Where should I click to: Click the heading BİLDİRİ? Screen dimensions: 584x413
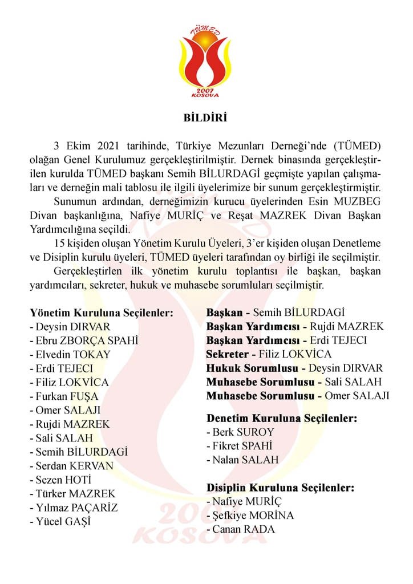205,119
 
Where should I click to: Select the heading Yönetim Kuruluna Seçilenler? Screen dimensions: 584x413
101,313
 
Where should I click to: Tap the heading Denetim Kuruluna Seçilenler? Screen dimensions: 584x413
282,419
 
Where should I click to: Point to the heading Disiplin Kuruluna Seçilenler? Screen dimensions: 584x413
280,488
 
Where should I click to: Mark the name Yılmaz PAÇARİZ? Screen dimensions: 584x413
76,508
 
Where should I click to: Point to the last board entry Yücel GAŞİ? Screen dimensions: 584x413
63,521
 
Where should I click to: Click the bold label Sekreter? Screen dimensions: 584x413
228,354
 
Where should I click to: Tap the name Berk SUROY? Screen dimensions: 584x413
243,432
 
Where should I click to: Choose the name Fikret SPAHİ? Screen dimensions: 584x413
244,446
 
